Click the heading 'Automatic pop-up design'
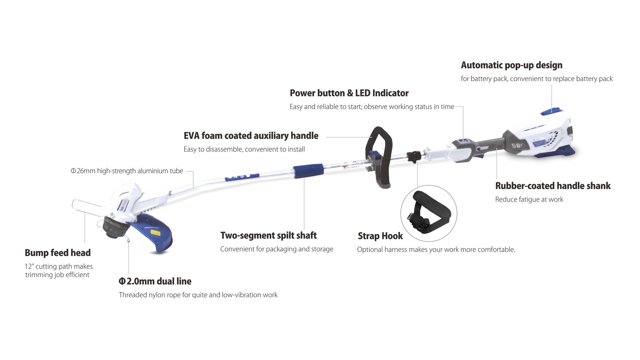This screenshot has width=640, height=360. coord(511,65)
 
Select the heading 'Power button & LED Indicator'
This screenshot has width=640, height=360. coord(349,93)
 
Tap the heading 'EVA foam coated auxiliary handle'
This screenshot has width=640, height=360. coord(251,136)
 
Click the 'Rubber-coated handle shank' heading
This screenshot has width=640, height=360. coord(553,186)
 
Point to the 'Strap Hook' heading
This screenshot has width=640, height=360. coord(380,236)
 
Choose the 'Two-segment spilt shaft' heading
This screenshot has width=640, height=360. coord(268,235)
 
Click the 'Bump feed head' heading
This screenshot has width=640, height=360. coord(58,253)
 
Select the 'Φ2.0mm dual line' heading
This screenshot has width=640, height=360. coord(155,281)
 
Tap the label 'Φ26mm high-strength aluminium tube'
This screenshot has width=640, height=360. coord(127,171)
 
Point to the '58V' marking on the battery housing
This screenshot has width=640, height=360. coord(516,145)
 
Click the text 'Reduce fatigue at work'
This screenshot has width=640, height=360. coord(529,199)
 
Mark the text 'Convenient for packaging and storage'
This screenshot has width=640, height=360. coord(277,249)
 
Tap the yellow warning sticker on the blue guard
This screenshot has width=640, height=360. coord(155,232)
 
